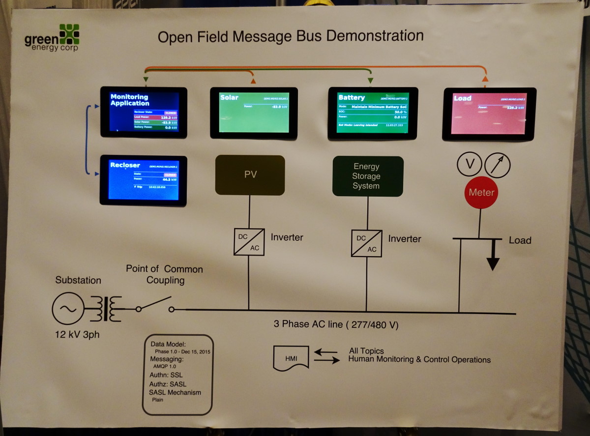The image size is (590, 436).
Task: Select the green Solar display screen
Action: pos(254,113)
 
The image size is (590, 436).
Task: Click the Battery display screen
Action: pos(373,113)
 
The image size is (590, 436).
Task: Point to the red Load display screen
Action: pos(490,114)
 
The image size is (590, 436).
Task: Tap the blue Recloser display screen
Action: pos(143,180)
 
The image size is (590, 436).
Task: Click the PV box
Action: pos(250,175)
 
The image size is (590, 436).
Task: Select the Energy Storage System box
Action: pos(368,176)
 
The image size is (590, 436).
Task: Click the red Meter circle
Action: pos(481,192)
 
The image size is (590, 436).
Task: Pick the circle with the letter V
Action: pos(470,164)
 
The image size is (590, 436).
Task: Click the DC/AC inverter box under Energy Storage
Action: pos(366,242)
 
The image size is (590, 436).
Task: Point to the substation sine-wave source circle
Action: pos(68,309)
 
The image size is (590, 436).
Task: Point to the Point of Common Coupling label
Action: pos(164,274)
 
